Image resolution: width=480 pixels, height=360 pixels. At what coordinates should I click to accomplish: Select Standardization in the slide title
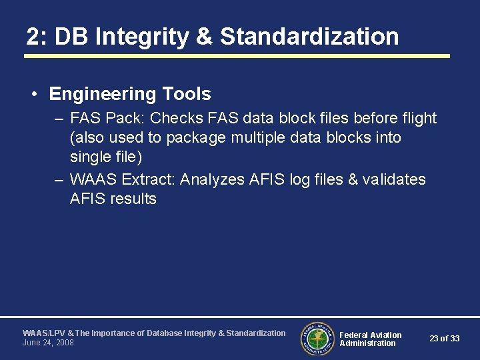click(x=309, y=37)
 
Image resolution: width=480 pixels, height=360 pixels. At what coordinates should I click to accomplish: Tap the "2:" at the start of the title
click(x=37, y=37)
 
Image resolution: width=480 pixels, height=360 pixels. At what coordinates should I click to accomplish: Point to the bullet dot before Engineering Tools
click(x=34, y=95)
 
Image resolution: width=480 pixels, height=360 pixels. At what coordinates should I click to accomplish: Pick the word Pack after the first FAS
click(x=125, y=119)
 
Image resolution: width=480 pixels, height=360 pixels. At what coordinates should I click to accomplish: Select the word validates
click(x=394, y=179)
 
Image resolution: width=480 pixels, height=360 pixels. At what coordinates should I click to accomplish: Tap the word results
click(x=133, y=199)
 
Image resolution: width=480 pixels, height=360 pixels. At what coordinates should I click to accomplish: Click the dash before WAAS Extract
click(x=59, y=179)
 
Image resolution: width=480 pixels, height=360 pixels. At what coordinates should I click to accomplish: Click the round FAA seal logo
click(x=317, y=339)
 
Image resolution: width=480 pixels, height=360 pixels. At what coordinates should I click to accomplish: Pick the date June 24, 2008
click(x=48, y=343)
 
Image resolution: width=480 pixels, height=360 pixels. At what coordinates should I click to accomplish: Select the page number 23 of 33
click(x=444, y=339)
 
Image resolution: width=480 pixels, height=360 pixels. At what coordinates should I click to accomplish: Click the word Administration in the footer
click(x=367, y=343)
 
